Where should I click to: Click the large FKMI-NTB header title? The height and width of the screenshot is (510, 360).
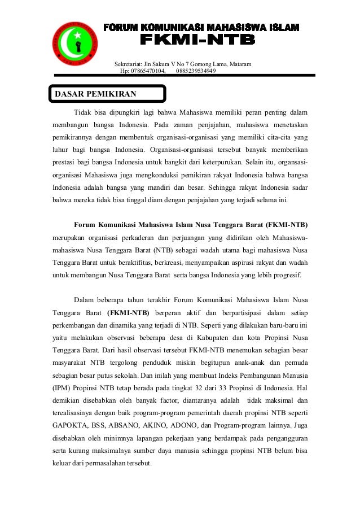pyautogui.click(x=197, y=41)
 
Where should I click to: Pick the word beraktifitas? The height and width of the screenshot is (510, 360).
pyautogui.click(x=135, y=263)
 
